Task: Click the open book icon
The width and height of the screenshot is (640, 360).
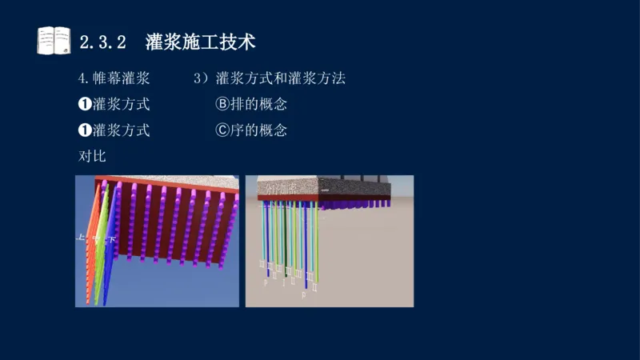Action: pyautogui.click(x=54, y=40)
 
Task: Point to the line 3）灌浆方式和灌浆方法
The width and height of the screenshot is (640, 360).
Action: pyautogui.click(x=270, y=79)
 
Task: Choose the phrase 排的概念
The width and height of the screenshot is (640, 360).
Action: pyautogui.click(x=258, y=104)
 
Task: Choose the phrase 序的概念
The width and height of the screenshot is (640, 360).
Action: pyautogui.click(x=258, y=130)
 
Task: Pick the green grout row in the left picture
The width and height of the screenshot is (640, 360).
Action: pyautogui.click(x=102, y=248)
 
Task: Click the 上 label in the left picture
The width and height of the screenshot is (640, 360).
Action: pyautogui.click(x=80, y=238)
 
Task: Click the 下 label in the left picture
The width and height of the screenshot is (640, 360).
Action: pyautogui.click(x=112, y=238)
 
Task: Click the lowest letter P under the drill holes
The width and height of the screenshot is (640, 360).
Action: pyautogui.click(x=304, y=295)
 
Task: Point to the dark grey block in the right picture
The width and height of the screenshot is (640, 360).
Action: pyautogui.click(x=352, y=187)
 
